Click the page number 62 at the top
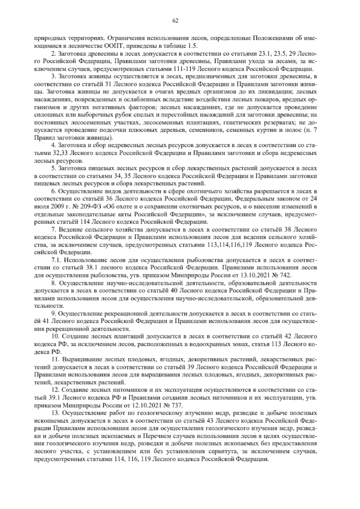pos(176,20)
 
